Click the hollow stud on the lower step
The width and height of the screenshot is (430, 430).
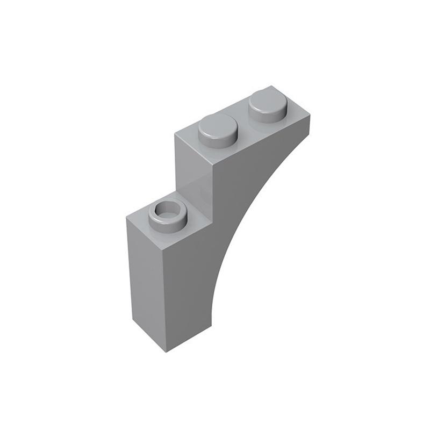[x=168, y=214]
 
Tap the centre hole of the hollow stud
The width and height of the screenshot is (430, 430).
[x=168, y=210]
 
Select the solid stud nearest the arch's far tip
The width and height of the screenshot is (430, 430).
[x=267, y=105]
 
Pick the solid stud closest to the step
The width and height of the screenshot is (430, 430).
[x=218, y=129]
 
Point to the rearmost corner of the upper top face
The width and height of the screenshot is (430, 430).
[x=272, y=86]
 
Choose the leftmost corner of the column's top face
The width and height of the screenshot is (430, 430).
[x=126, y=218]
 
